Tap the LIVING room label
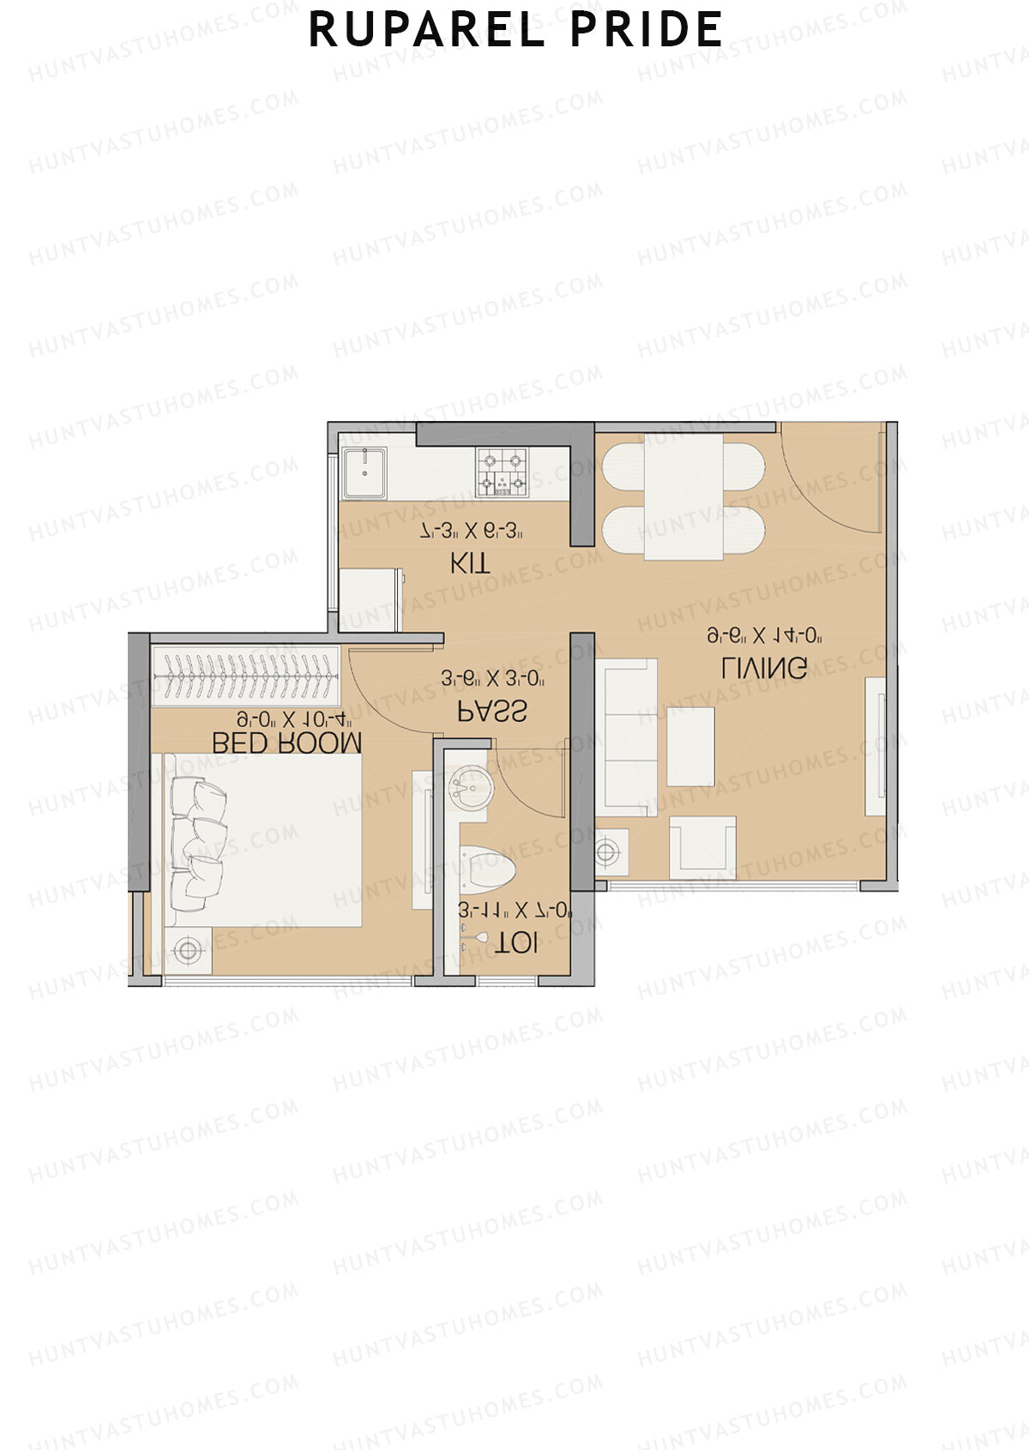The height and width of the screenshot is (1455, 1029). (x=763, y=667)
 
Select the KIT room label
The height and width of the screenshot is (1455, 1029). (x=471, y=563)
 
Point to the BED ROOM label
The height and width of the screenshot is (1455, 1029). (x=286, y=743)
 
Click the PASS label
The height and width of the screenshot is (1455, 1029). (x=491, y=711)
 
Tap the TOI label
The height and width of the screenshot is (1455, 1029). (x=517, y=943)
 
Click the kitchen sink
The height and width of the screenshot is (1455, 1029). (x=364, y=472)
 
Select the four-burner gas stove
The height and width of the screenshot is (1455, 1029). (x=502, y=472)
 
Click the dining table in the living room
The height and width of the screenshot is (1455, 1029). (x=683, y=497)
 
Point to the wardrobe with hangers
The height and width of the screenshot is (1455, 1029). (x=245, y=676)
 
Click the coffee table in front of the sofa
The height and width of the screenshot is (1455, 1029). (x=690, y=747)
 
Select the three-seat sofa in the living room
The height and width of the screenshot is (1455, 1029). (x=629, y=737)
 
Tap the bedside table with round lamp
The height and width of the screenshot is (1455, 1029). (x=188, y=949)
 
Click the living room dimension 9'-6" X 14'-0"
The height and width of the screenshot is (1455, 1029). (x=765, y=635)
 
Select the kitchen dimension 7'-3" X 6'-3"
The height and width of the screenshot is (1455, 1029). (x=472, y=532)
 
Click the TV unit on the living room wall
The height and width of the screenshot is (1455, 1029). (x=875, y=746)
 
